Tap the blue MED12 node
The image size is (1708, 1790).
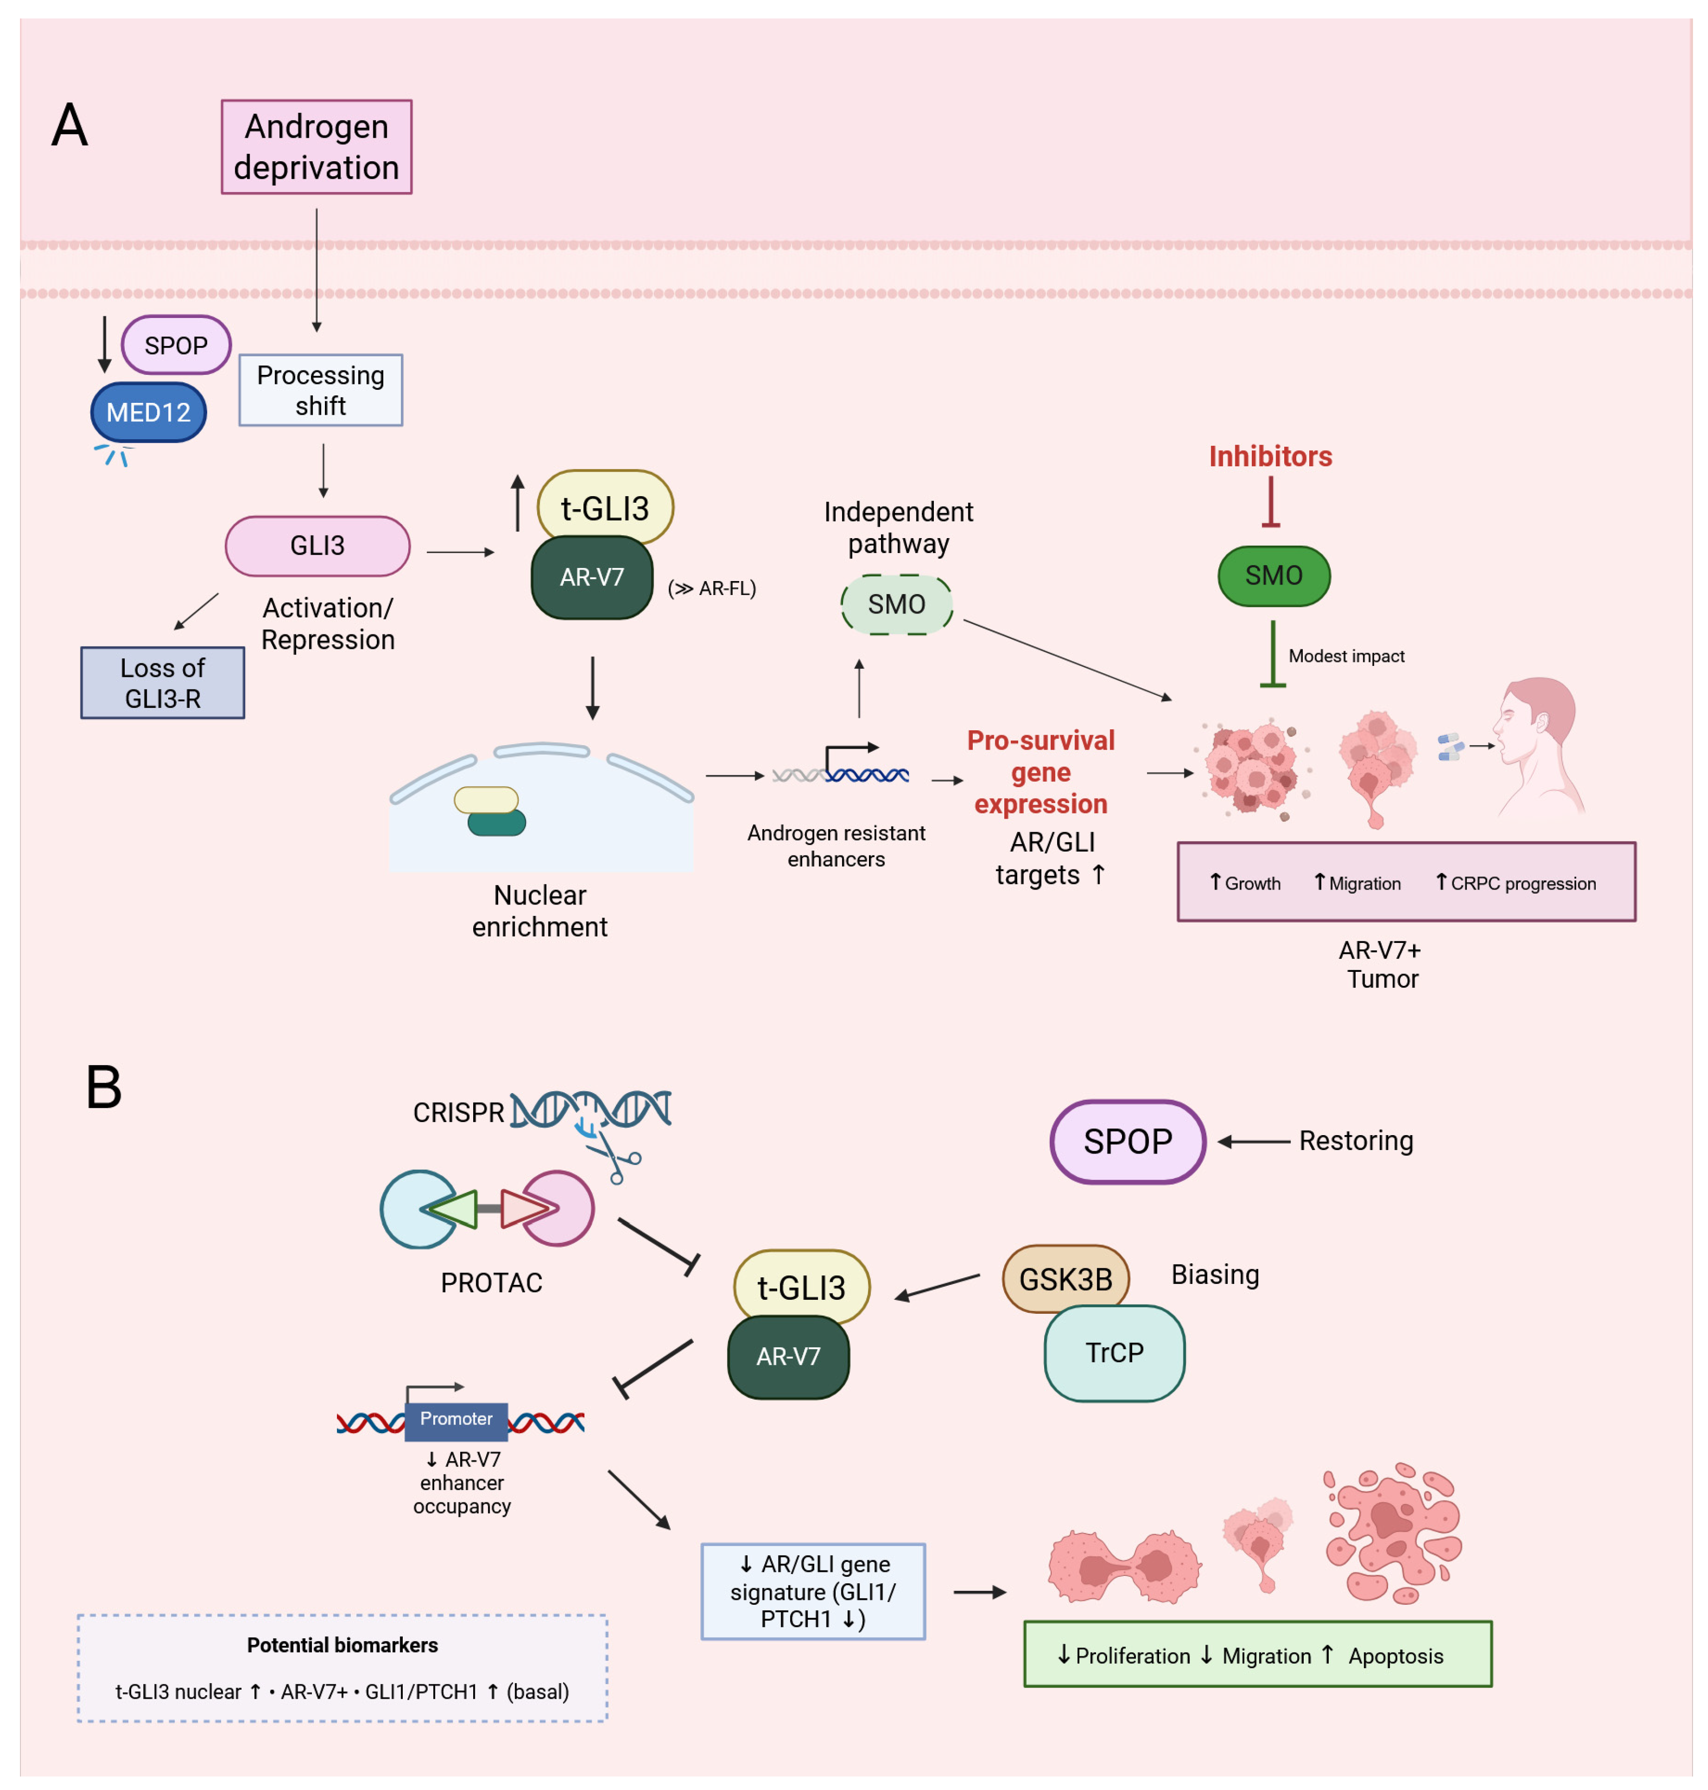[148, 412]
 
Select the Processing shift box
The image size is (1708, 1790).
[320, 390]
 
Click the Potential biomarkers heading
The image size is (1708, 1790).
[342, 1644]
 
